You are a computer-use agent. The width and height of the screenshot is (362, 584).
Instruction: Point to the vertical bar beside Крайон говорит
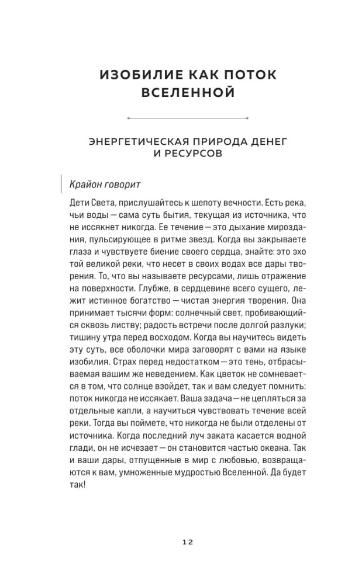pos(61,183)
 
